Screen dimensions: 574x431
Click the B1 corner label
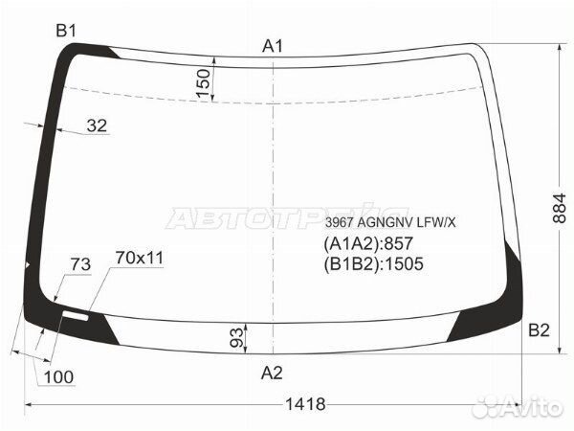[66, 31]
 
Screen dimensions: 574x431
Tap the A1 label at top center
[273, 47]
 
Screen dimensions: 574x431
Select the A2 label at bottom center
[272, 374]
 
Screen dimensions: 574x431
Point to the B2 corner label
[539, 330]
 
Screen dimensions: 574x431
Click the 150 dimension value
[204, 83]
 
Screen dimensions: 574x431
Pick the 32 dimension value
[97, 125]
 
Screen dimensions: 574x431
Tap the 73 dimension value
[80, 264]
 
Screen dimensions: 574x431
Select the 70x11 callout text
[140, 258]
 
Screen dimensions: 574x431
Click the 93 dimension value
[236, 337]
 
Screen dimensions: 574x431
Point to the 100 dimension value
[58, 377]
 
